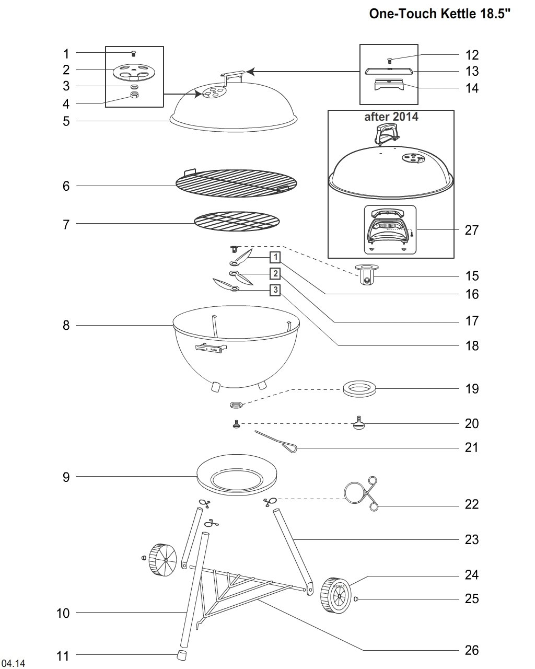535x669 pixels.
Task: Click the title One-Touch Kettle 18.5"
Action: click(439, 14)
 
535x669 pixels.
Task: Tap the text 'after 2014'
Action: click(391, 117)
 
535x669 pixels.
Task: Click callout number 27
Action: click(471, 230)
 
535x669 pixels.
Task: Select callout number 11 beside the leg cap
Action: click(63, 656)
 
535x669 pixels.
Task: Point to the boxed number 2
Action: click(275, 273)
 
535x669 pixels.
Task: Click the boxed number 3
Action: click(275, 290)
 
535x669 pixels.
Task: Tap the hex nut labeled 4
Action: click(134, 95)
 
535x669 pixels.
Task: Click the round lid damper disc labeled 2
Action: click(134, 72)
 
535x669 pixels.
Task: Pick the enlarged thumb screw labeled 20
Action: click(359, 423)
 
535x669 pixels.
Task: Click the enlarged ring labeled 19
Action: click(359, 389)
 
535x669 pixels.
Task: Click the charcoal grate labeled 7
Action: click(237, 222)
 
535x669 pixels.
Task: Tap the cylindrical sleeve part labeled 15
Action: click(367, 274)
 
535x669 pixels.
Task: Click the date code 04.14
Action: click(13, 663)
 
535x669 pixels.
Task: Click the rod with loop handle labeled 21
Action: click(276, 442)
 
